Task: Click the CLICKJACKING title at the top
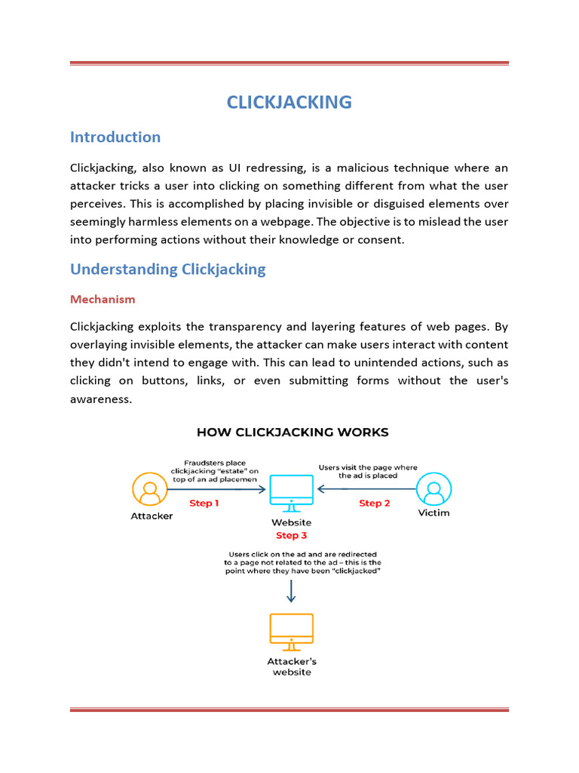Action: (289, 102)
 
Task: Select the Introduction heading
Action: (115, 137)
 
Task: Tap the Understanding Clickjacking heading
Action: (167, 269)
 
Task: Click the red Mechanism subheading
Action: (103, 299)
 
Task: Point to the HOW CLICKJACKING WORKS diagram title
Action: (293, 433)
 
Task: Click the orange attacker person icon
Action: (150, 489)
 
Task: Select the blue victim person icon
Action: (433, 489)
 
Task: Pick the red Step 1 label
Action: (204, 503)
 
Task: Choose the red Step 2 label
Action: (375, 503)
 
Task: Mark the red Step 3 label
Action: (291, 535)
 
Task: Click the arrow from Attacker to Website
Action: (216, 489)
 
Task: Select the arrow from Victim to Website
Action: (367, 489)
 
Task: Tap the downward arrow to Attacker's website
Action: (291, 591)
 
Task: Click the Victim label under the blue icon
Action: (433, 513)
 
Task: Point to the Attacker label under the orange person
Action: (152, 516)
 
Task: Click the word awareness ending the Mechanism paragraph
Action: (101, 399)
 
